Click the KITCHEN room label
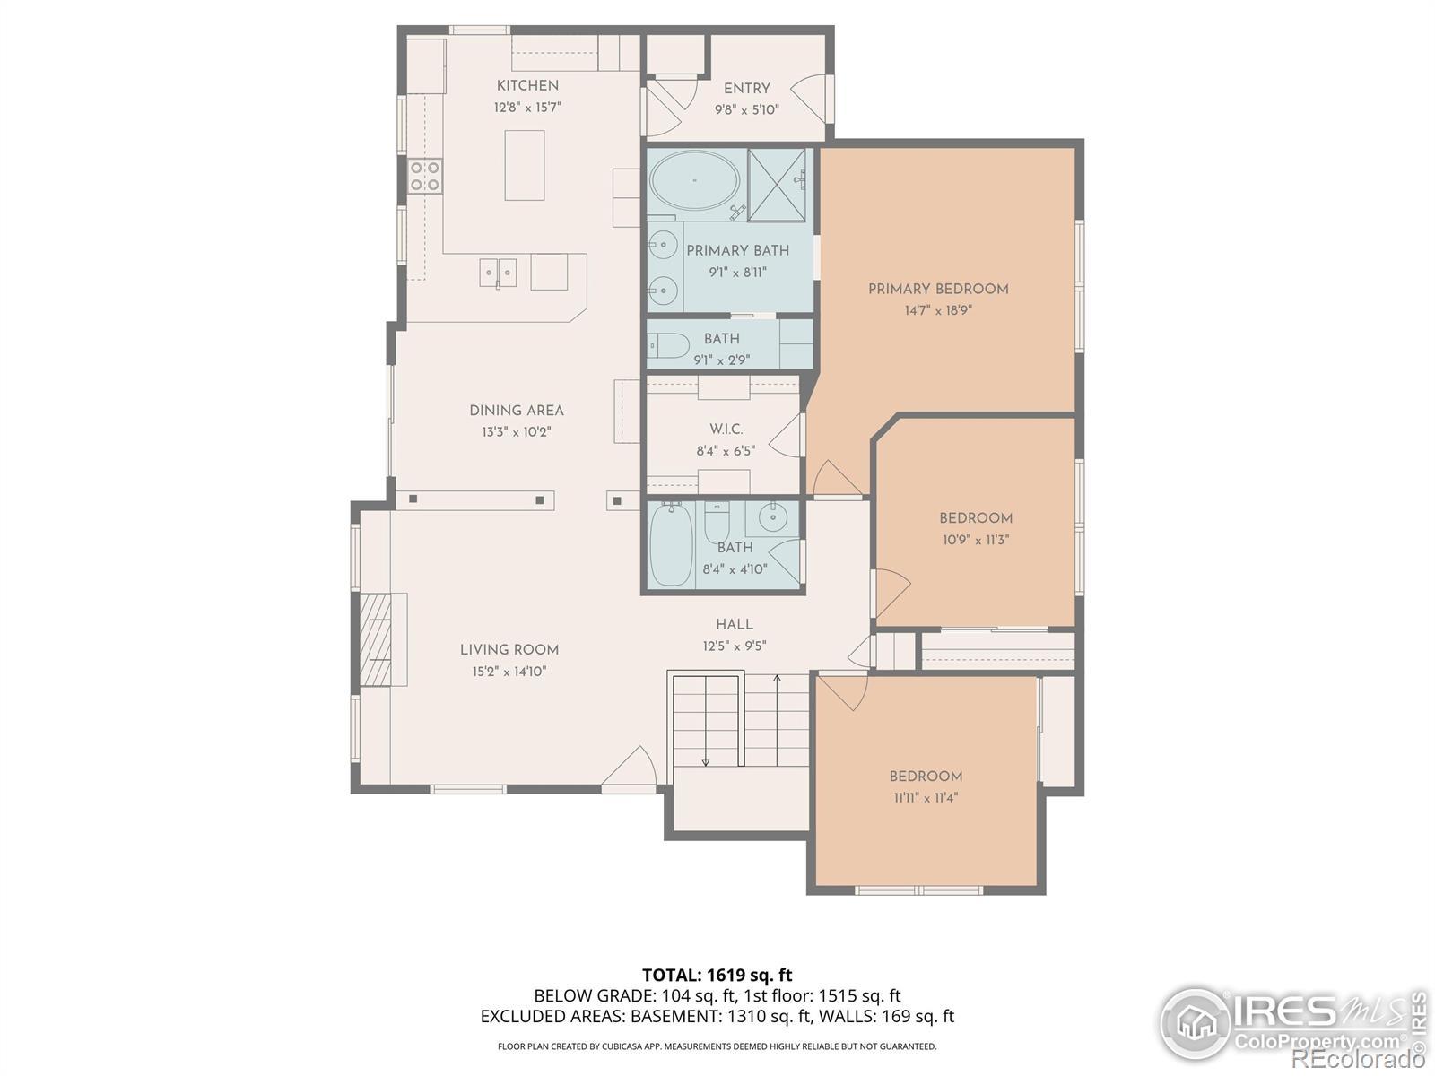[527, 85]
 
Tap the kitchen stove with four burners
[425, 177]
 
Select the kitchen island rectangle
[525, 165]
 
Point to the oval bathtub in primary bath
[694, 179]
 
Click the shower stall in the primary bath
[777, 185]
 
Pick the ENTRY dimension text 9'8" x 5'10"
[746, 109]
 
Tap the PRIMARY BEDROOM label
[938, 289]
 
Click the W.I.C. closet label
[726, 430]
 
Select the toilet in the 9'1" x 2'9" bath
[668, 345]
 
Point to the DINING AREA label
[517, 411]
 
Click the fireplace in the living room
[380, 639]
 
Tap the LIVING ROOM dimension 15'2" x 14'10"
[509, 672]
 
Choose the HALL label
[735, 625]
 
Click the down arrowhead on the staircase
[706, 762]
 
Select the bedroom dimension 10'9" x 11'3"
[976, 540]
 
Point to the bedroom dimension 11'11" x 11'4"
[926, 798]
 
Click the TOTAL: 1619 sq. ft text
[717, 976]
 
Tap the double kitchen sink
[498, 273]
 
